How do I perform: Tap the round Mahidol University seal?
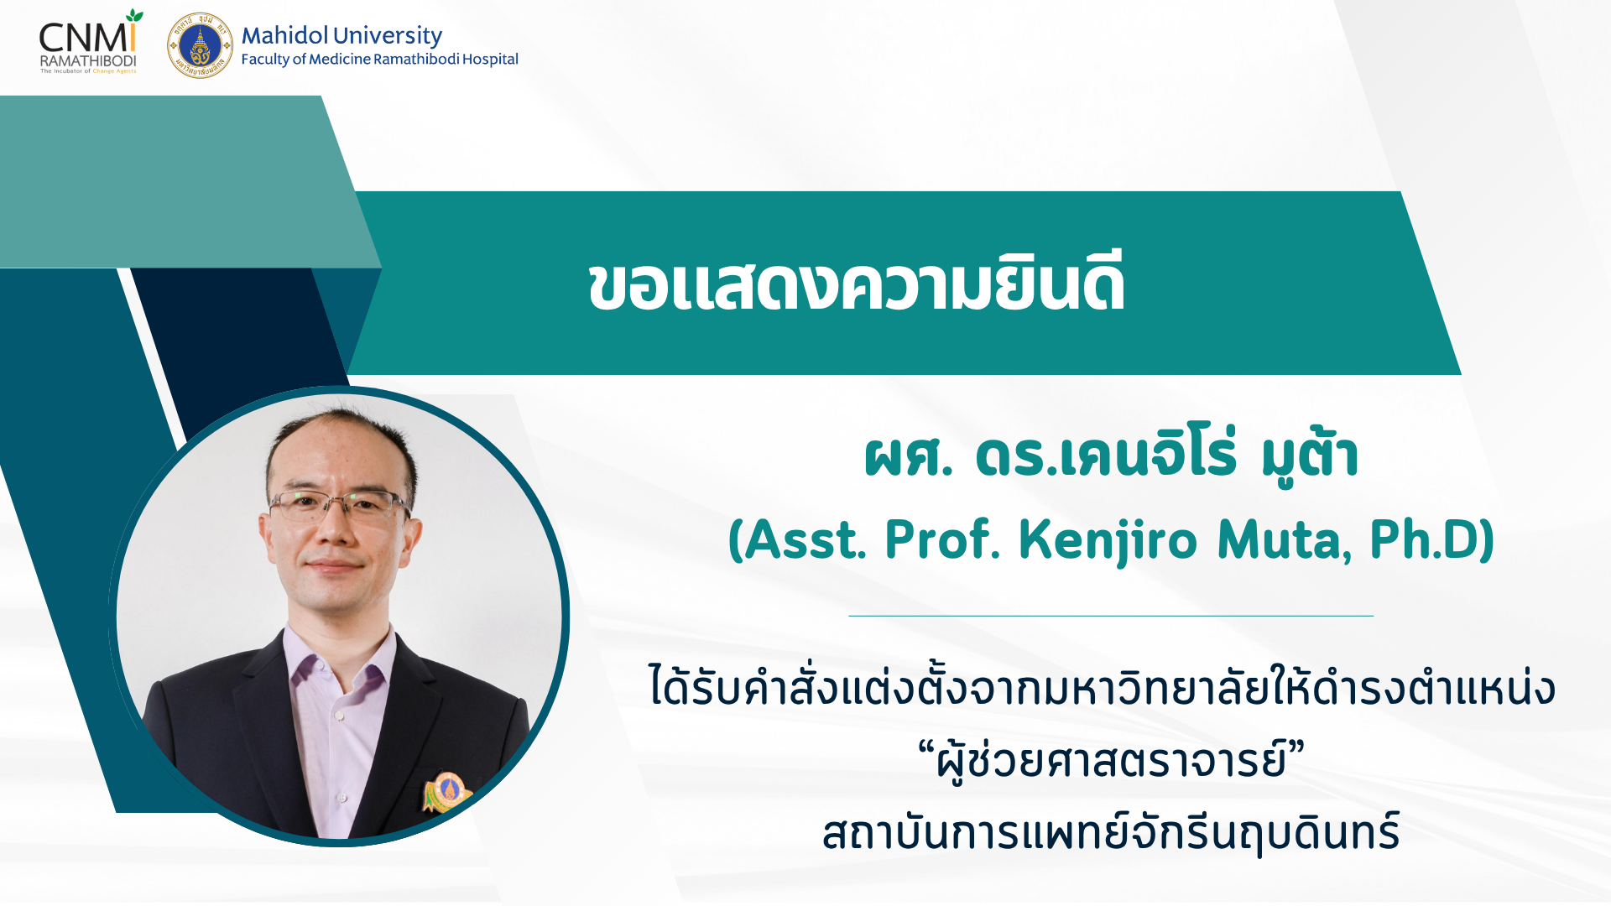coord(200,45)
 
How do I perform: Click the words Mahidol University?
coord(341,35)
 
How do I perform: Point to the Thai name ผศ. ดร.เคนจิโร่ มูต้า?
coord(1111,456)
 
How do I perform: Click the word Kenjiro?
coord(1108,540)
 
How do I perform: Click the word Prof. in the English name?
coord(942,539)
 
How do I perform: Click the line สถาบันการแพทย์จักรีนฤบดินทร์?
coord(1111,833)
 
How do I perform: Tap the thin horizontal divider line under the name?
coord(1111,616)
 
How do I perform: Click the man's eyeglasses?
coord(339,507)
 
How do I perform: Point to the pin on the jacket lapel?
coord(446,791)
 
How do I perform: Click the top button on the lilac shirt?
coord(340,716)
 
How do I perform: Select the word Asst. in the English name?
coord(805,539)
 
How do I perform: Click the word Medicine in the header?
coord(339,59)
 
